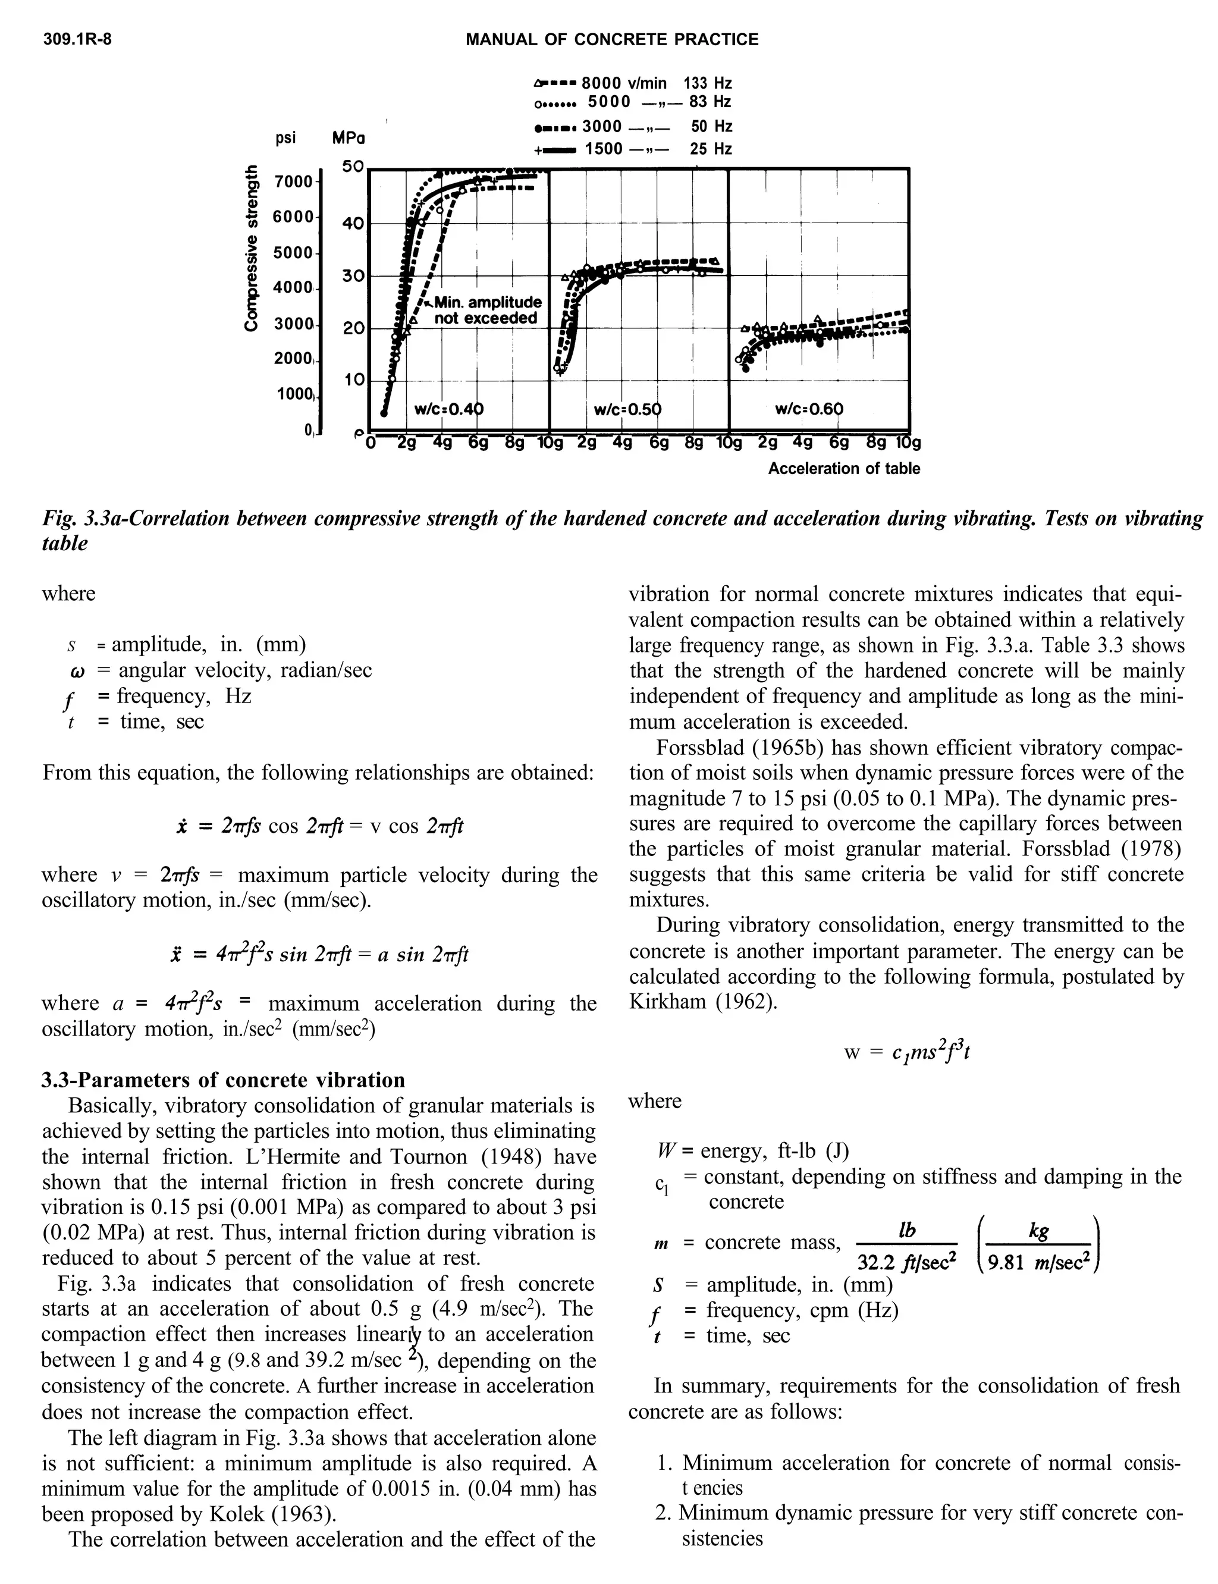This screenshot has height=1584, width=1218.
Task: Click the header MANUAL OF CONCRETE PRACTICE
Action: click(611, 40)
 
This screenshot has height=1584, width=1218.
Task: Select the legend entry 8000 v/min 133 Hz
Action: click(632, 83)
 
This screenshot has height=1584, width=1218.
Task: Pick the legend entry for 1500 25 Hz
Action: click(632, 149)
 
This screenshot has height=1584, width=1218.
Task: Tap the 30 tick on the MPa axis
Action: click(353, 276)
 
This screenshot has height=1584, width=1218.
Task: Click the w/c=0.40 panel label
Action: click(447, 409)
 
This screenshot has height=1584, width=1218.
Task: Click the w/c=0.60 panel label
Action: click(809, 409)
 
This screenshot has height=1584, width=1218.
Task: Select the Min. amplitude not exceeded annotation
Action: click(486, 310)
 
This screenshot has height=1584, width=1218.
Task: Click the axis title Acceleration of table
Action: click(844, 468)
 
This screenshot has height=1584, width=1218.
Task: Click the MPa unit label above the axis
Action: click(348, 138)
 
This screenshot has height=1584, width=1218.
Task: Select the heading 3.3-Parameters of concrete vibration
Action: click(223, 1080)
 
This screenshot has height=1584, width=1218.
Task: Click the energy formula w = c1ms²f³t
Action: click(906, 1051)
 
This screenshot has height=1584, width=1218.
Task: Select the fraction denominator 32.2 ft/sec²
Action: click(906, 1263)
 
